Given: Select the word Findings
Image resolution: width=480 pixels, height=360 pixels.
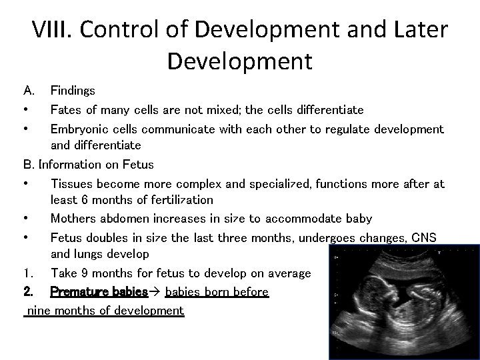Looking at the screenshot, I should pyautogui.click(x=73, y=90).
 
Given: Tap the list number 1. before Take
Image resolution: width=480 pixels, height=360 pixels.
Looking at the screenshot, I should pyautogui.click(x=27, y=273).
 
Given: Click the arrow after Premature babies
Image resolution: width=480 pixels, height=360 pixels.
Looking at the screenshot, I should pyautogui.click(x=157, y=292).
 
